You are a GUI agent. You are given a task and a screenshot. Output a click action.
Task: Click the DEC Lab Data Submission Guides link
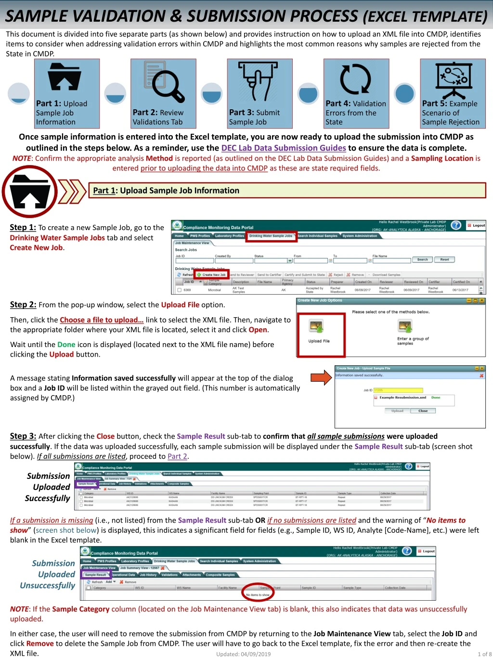[x=283, y=148]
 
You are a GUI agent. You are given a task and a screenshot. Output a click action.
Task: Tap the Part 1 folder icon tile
[x=66, y=93]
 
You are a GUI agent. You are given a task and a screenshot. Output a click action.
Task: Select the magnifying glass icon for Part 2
[x=164, y=82]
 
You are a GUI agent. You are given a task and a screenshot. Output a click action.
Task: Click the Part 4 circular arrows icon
[x=356, y=80]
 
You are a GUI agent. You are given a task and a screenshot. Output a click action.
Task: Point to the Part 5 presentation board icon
[x=453, y=80]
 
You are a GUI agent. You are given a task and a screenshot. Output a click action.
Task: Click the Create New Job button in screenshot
[x=211, y=275]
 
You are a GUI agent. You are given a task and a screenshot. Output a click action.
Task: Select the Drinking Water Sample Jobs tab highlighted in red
[x=271, y=236]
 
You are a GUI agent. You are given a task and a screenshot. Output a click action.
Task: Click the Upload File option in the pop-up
[x=319, y=333]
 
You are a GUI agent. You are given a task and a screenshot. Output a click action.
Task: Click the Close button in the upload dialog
[x=423, y=411]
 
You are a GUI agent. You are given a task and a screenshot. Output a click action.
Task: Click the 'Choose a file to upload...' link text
[x=102, y=320]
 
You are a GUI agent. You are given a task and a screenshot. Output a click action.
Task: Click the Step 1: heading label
[x=23, y=228]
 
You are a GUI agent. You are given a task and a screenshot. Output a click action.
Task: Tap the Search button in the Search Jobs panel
[x=422, y=259]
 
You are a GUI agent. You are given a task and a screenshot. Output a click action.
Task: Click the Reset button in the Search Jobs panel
[x=444, y=259]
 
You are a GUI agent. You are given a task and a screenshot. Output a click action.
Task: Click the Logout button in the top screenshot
[x=476, y=225]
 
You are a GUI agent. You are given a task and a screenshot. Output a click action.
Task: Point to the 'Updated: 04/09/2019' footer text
[x=244, y=654]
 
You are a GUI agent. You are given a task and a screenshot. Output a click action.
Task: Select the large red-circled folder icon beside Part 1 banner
[x=30, y=192]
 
